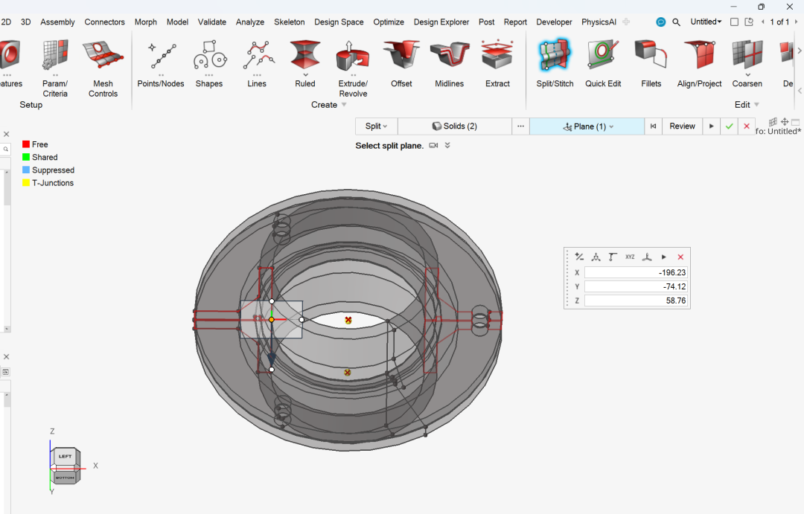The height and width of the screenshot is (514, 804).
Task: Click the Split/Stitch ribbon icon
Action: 555,55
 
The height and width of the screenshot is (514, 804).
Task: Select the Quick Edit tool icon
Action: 602,55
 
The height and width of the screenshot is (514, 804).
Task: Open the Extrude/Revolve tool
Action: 352,56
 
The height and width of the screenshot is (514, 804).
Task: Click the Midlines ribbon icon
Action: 449,55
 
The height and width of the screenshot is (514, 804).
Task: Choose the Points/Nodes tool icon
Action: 161,55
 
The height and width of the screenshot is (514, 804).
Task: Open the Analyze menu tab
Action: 249,22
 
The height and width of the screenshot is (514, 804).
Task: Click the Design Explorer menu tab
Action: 441,22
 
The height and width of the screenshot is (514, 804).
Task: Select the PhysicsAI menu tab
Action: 599,22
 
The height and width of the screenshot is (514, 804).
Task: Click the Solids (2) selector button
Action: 454,126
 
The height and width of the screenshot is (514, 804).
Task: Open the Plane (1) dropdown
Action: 587,126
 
